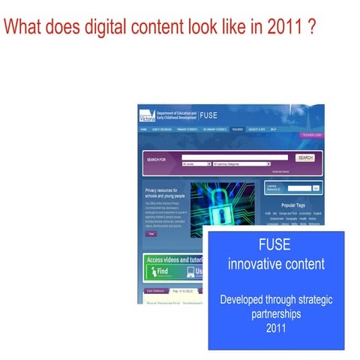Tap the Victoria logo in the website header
pos(150,115)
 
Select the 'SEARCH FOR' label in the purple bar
pos(157,160)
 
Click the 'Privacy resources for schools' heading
pos(163,193)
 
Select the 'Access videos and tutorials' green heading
pos(175,259)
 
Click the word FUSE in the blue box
pos(276,246)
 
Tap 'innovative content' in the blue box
pos(276,264)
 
